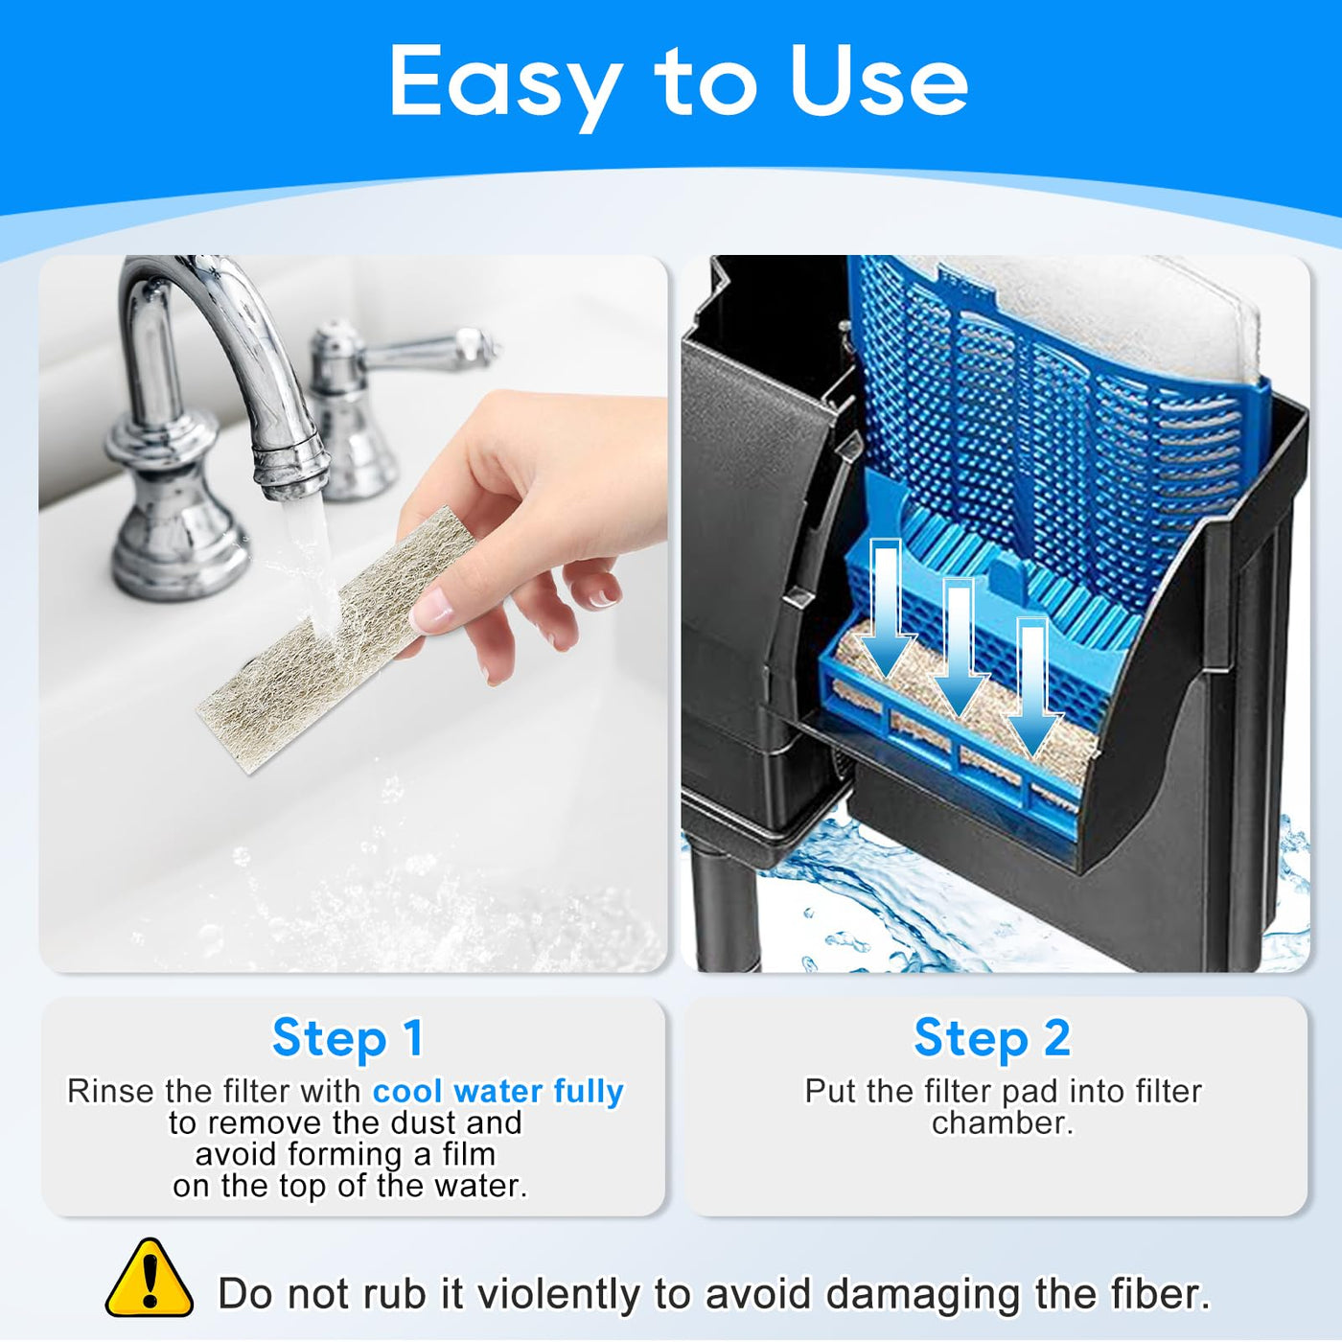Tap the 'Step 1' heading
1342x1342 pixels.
point(348,1038)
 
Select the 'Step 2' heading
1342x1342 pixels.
point(992,1038)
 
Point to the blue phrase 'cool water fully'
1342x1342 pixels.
point(497,1091)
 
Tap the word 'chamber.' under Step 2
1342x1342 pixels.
point(1003,1123)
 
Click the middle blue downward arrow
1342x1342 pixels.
point(961,649)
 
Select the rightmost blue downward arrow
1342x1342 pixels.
point(1034,688)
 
